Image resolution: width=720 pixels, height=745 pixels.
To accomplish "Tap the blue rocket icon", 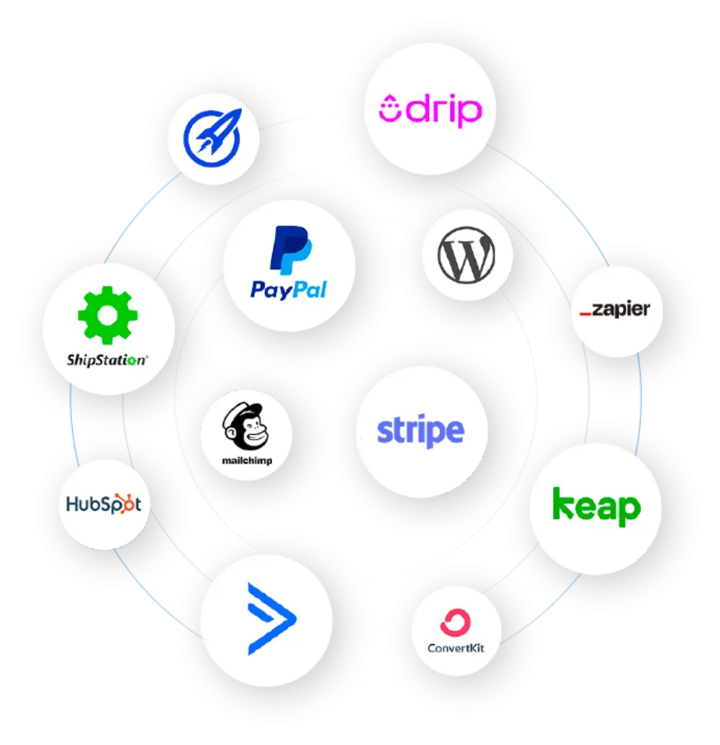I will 212,138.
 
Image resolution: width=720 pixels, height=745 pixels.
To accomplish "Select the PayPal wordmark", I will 289,289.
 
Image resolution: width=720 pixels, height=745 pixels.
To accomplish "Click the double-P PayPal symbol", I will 290,250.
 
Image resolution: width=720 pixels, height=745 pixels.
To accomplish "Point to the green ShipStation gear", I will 108,317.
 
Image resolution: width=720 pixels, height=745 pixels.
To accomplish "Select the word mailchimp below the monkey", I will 246,461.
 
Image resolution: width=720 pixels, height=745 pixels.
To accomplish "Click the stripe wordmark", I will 420,430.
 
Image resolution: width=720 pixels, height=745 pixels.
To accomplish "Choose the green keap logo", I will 595,507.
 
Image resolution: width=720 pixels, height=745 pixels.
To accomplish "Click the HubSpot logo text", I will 99,504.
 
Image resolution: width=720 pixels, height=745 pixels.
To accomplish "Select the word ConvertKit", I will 456,647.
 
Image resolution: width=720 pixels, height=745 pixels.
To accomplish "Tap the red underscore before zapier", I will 586,315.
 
